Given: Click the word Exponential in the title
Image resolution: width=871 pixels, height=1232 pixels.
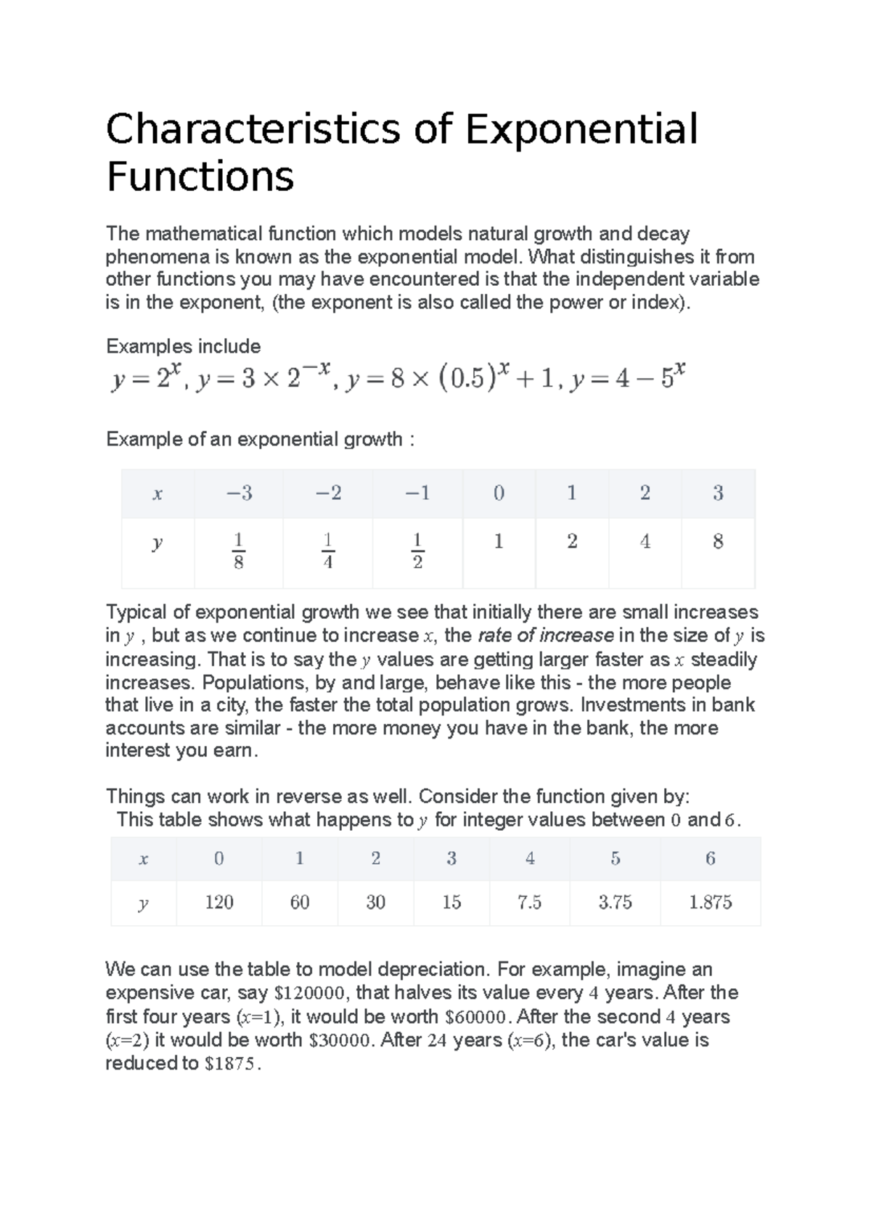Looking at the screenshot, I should (581, 129).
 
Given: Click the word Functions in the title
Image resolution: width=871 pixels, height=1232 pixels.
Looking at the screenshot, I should (200, 176).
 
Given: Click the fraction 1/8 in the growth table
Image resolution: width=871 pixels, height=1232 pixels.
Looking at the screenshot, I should (238, 551).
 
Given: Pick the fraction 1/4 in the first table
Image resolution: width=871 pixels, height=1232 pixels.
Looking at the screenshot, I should (327, 551).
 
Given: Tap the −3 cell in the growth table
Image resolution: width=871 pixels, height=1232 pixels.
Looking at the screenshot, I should (239, 493).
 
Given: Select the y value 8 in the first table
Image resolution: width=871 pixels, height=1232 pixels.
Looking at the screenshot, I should (718, 541).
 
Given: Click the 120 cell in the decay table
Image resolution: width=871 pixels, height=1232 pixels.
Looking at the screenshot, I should (218, 902).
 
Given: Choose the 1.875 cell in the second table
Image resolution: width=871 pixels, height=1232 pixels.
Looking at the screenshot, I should (710, 902).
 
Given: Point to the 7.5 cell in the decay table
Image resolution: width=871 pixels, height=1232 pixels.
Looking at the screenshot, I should (529, 902).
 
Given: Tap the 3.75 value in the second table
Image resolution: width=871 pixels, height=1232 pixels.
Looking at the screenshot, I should (615, 902).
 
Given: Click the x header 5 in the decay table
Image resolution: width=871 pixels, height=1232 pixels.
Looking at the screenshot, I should (615, 858).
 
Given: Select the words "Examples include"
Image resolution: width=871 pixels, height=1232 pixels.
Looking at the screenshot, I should (183, 347).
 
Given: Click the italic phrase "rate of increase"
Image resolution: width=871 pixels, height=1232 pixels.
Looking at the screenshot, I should (546, 636).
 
